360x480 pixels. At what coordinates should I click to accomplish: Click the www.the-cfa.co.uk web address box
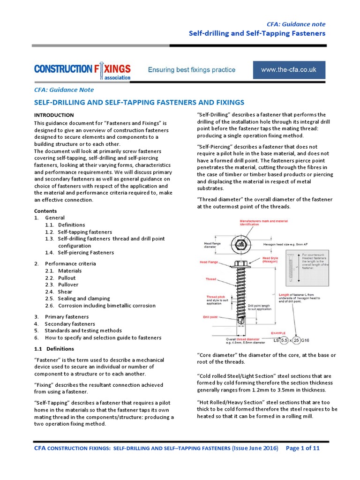[288, 70]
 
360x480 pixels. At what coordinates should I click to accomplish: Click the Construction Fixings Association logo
[82, 71]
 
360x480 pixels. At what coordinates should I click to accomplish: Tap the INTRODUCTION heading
[54, 115]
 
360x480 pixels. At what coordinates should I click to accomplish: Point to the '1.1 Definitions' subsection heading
[54, 349]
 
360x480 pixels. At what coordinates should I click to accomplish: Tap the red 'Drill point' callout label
[211, 317]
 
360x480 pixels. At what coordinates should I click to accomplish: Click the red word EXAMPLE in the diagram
[279, 333]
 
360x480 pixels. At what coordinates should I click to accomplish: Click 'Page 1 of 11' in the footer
[303, 448]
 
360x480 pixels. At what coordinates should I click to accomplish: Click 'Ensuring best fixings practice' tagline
[192, 70]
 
